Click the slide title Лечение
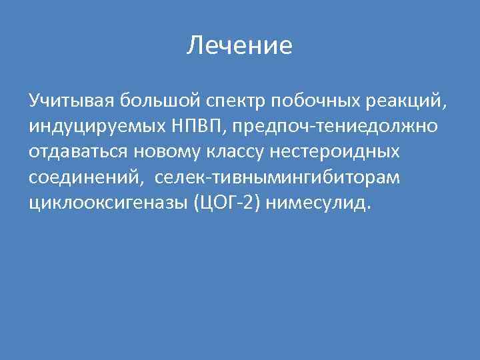tap(240, 46)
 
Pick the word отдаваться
tap(78, 152)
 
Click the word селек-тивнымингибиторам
tap(283, 177)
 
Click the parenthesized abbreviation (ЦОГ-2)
tap(225, 203)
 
